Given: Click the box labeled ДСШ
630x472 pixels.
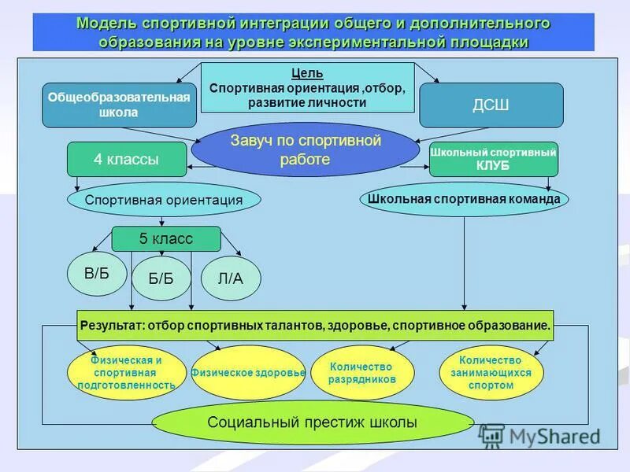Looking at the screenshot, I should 491,105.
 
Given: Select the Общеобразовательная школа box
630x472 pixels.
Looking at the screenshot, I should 119,105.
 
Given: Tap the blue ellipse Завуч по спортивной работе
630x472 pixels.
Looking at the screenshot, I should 305,149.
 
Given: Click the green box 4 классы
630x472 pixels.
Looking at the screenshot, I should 126,159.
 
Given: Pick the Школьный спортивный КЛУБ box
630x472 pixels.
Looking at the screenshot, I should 493,159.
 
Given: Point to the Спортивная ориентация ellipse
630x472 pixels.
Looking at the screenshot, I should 164,200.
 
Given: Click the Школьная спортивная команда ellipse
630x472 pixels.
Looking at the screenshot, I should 464,199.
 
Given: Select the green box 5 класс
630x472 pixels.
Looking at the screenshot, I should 165,239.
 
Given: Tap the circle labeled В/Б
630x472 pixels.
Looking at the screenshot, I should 97,274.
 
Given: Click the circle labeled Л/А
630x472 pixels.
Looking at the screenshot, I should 231,279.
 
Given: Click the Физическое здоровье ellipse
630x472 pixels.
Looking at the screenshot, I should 247,372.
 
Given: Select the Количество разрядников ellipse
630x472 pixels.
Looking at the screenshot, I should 361,373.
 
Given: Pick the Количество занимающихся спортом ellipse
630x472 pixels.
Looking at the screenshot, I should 491,373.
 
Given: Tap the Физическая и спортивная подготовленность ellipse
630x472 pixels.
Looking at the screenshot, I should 127,373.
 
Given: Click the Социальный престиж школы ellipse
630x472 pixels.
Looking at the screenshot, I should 312,422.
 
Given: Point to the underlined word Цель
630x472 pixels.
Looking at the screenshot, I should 307,73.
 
